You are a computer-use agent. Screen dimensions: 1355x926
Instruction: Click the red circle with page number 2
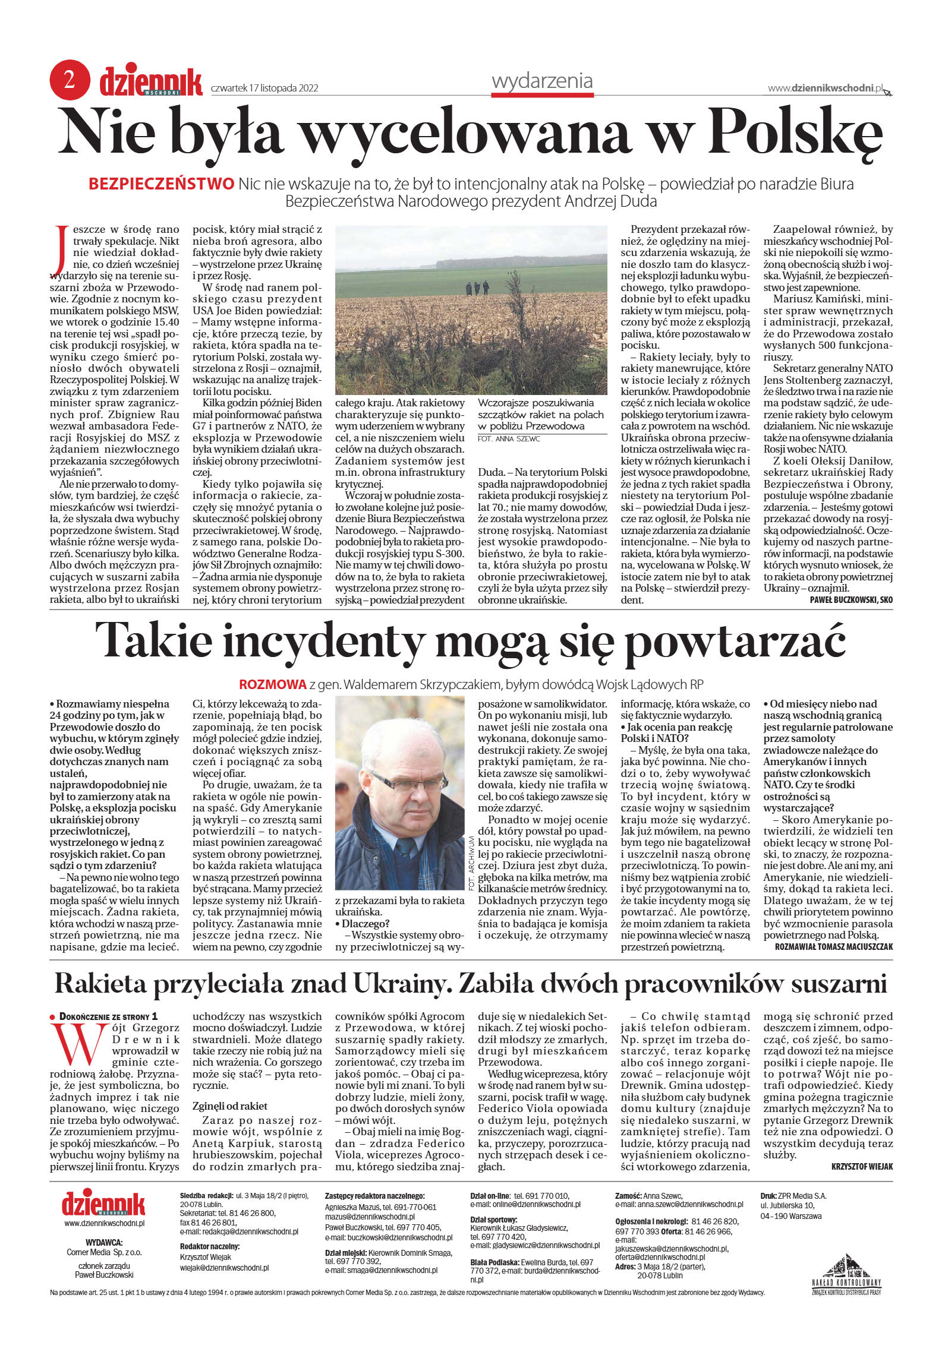69,80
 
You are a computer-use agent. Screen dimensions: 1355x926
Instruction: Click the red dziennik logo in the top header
150,82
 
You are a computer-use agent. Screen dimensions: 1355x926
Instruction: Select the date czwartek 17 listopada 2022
265,89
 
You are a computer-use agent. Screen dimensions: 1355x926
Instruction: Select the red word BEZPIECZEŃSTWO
161,184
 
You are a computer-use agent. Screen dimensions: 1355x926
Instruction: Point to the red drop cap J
59,250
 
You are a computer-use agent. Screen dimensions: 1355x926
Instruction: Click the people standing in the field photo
477,288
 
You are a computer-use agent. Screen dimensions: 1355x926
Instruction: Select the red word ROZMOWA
272,684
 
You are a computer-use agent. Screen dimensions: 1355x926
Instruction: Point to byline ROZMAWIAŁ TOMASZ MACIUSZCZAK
833,946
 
